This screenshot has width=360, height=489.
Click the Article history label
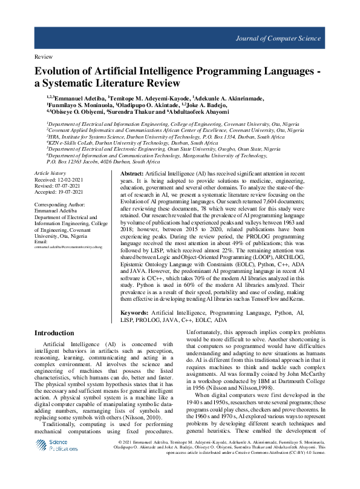[x=51, y=174]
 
